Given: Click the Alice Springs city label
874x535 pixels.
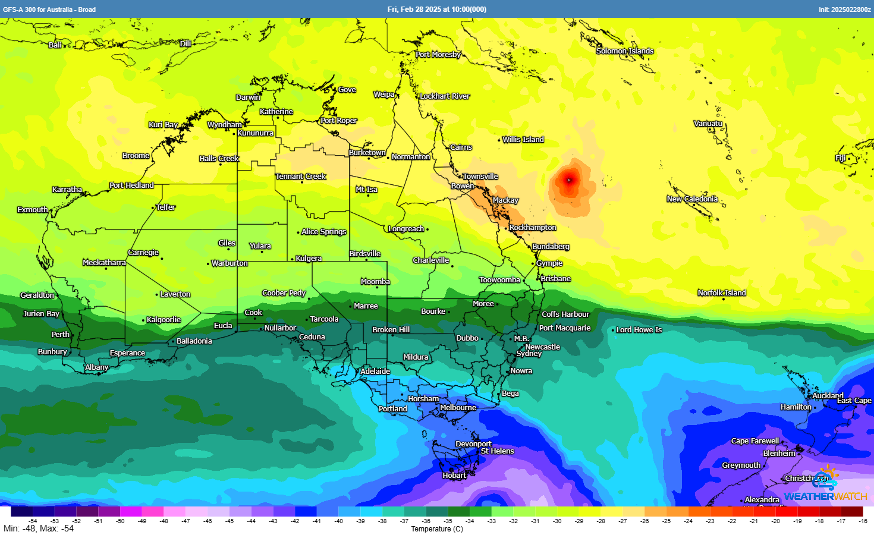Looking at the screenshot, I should [323, 232].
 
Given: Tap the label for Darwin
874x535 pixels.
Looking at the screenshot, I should [248, 97].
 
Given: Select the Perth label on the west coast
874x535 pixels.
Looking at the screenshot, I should [60, 335].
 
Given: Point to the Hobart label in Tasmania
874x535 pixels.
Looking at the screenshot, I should [454, 476].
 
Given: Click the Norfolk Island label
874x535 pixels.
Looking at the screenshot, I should [721, 293].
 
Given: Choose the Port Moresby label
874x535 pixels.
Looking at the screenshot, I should [438, 55].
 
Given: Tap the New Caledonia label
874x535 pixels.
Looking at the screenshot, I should [692, 199].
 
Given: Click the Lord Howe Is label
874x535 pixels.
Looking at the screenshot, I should [639, 330].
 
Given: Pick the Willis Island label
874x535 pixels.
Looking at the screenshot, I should [523, 140].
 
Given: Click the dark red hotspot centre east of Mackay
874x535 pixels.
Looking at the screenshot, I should [569, 180].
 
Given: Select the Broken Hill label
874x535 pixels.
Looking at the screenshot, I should [391, 330].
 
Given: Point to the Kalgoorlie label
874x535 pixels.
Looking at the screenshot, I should [164, 320].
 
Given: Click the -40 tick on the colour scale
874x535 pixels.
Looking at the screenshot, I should [338, 521].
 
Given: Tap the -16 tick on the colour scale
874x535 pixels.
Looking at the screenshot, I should [863, 521].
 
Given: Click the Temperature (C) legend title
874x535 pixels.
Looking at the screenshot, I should [436, 529].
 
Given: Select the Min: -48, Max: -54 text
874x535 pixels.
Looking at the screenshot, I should [39, 528].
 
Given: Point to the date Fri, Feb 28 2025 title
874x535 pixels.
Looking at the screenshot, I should [436, 10].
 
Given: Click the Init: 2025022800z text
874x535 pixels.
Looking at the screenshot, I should [844, 10].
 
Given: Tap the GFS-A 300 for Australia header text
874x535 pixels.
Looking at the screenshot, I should [49, 10].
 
